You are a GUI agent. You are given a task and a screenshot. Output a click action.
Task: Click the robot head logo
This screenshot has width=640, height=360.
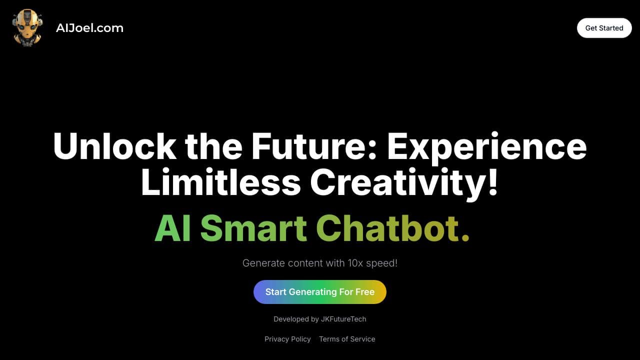27,27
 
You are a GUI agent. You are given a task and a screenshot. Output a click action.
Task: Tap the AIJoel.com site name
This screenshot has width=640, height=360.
89,28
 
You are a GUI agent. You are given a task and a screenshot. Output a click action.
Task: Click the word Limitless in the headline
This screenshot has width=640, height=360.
221,181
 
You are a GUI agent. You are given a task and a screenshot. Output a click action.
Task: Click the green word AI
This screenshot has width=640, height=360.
172,228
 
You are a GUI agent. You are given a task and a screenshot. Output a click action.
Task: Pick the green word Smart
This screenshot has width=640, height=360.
253,228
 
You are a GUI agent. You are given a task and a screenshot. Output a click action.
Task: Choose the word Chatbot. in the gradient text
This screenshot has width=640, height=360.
392,228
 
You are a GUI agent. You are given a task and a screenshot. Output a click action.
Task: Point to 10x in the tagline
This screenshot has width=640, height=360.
355,263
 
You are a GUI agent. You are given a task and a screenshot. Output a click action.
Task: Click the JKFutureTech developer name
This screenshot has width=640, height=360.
343,319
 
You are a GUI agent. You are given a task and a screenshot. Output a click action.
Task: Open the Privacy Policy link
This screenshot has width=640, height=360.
287,339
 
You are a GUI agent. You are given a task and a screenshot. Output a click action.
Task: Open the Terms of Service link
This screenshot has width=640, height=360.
347,339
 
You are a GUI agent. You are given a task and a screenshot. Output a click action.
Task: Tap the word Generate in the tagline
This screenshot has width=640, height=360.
263,263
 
